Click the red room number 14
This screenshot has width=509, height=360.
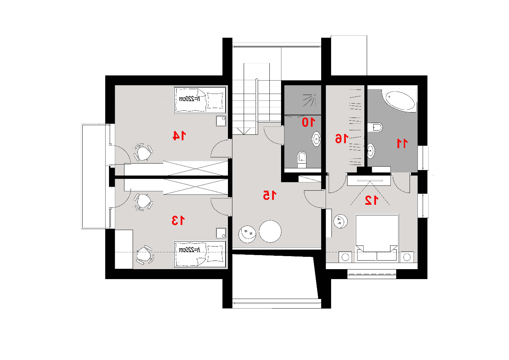pyautogui.click(x=179, y=135)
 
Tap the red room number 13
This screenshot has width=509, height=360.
pyautogui.click(x=178, y=220)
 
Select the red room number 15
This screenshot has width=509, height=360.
pyautogui.click(x=270, y=195)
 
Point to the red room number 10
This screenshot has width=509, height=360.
pyautogui.click(x=308, y=122)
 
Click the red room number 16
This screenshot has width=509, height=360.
pyautogui.click(x=342, y=139)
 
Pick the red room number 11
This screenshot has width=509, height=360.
pyautogui.click(x=402, y=144)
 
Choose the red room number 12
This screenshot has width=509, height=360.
pyautogui.click(x=372, y=200)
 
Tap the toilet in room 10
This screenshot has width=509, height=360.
pyautogui.click(x=302, y=159)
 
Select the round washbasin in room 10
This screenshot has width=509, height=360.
pyautogui.click(x=316, y=139)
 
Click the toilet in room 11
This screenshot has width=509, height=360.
pyautogui.click(x=375, y=127)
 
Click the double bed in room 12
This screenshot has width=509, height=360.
pyautogui.click(x=377, y=238)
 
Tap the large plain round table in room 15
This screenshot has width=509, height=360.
pyautogui.click(x=270, y=231)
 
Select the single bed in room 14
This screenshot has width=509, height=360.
pyautogui.click(x=200, y=100)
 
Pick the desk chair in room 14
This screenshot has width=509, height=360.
pyautogui.click(x=143, y=152)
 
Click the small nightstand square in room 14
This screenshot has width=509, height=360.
pyautogui.click(x=221, y=121)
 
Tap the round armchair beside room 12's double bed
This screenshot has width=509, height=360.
pyautogui.click(x=340, y=221)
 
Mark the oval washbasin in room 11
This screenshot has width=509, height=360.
pyautogui.click(x=371, y=151)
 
